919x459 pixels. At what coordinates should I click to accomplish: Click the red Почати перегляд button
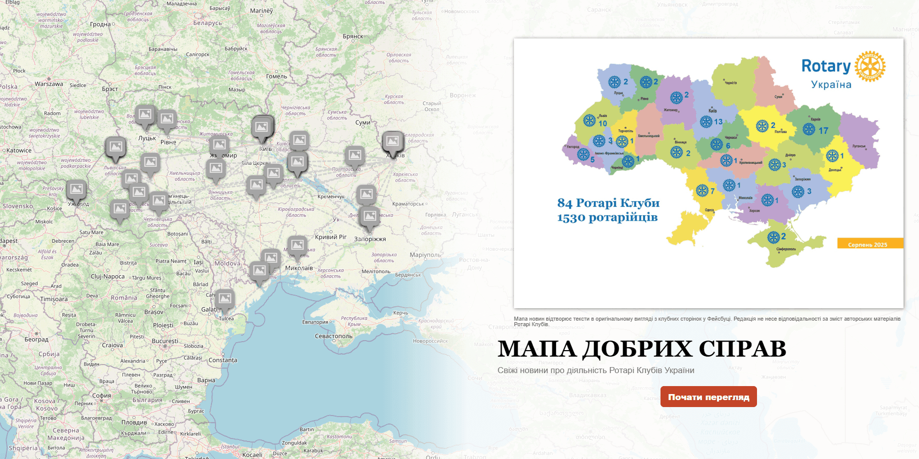click(708, 397)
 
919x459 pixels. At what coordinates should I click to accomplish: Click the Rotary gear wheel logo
click(869, 66)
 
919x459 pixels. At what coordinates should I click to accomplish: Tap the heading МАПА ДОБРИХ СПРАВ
click(641, 349)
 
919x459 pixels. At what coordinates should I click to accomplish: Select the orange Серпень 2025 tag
click(869, 244)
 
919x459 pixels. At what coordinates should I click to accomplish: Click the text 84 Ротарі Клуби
click(608, 203)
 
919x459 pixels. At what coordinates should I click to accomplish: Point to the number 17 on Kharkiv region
click(823, 131)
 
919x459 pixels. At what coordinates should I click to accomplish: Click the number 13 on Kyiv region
click(718, 122)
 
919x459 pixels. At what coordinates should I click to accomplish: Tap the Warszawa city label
click(49, 84)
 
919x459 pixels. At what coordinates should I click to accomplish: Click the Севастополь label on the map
click(333, 336)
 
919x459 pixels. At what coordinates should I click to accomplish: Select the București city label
click(165, 341)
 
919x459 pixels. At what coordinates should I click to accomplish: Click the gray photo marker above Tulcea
click(225, 299)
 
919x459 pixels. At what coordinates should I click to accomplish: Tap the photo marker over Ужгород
click(76, 189)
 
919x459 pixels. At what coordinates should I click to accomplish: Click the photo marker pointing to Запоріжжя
click(370, 216)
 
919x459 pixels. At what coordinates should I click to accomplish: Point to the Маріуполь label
click(425, 255)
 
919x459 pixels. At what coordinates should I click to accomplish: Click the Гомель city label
click(276, 76)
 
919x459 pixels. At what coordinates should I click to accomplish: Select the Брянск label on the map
click(353, 36)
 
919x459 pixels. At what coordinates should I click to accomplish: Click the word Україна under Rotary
click(831, 84)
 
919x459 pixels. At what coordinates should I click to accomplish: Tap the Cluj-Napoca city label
click(107, 276)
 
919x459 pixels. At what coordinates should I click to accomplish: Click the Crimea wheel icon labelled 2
click(773, 237)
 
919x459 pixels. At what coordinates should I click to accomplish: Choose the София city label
click(101, 395)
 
